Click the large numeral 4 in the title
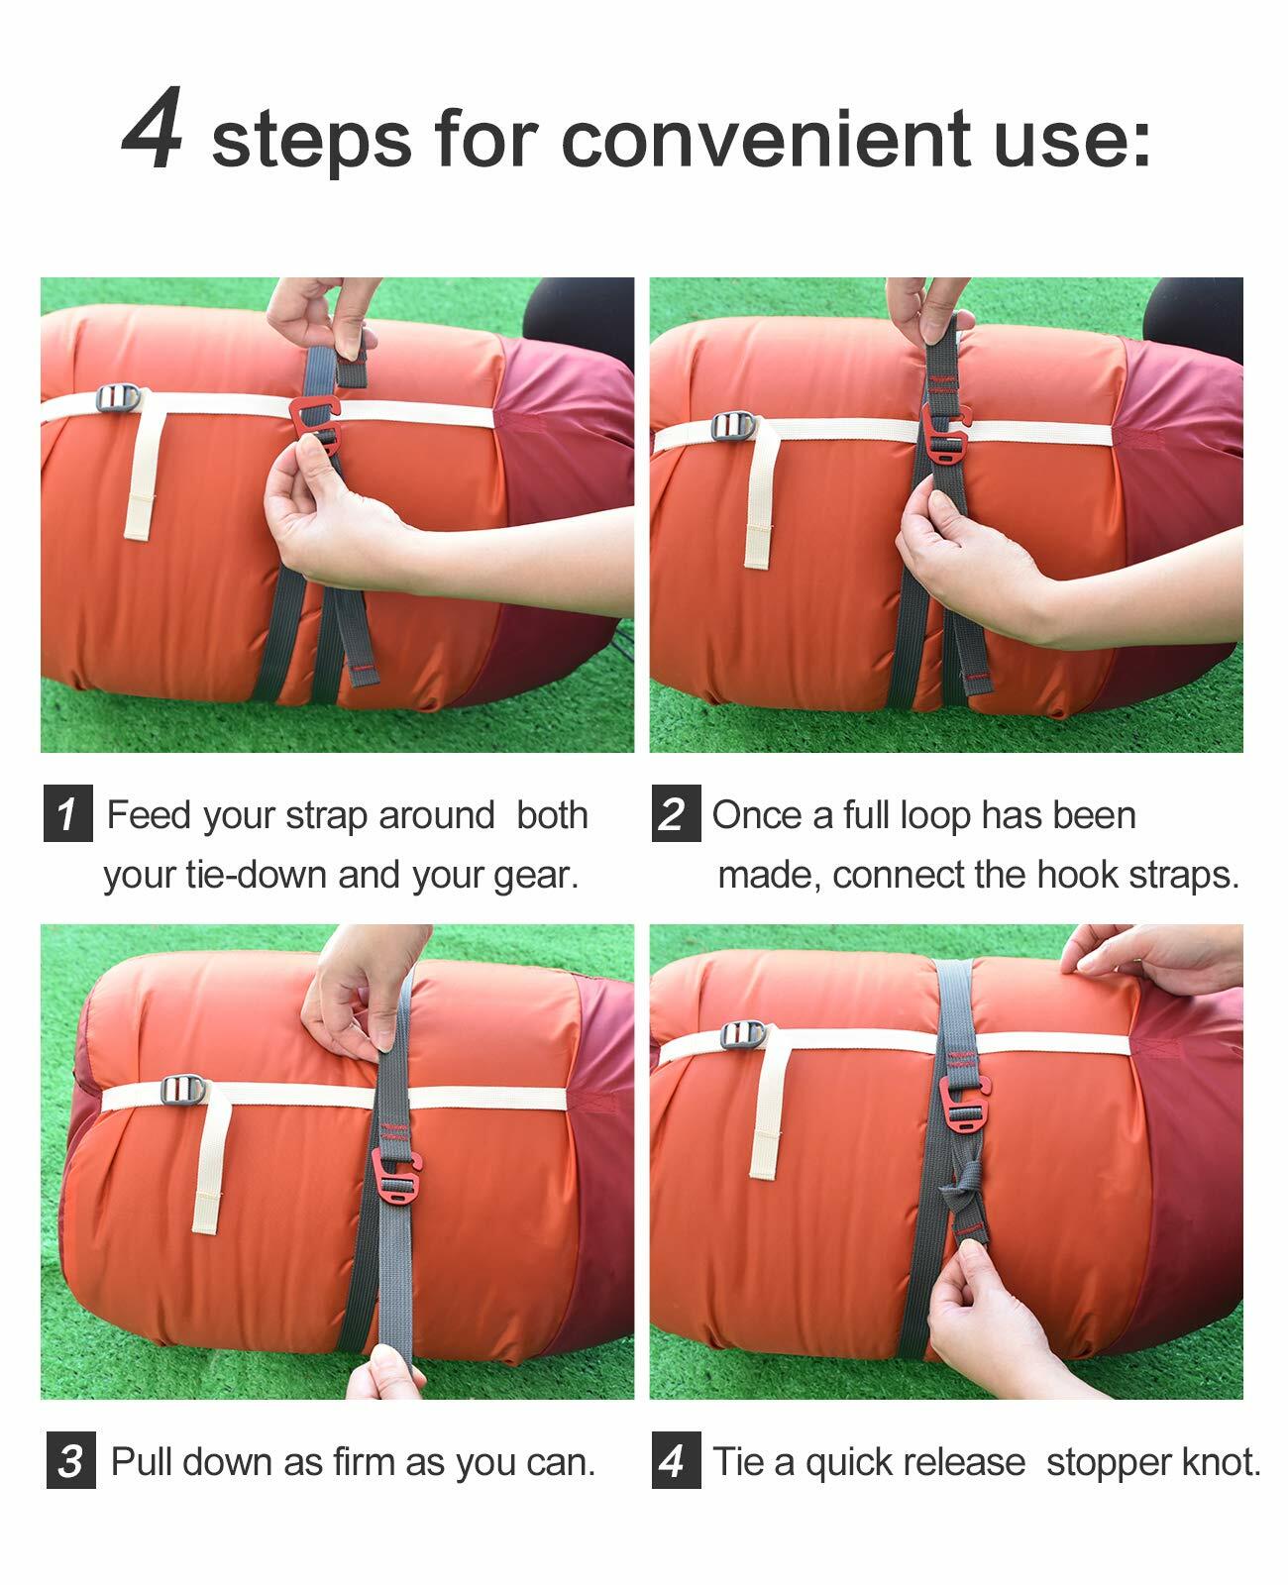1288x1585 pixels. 153,127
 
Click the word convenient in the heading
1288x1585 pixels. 767,139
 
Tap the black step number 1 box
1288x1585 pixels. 68,813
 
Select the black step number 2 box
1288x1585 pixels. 676,813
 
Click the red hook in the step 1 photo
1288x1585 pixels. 315,425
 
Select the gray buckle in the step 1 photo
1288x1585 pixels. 118,398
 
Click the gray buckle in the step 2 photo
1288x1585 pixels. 733,426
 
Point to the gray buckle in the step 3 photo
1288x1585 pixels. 183,1091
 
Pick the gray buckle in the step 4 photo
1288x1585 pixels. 743,1034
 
